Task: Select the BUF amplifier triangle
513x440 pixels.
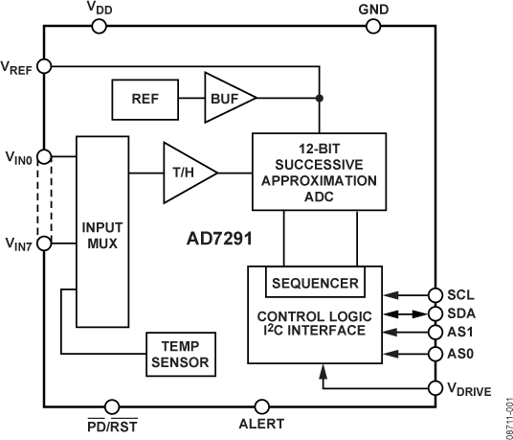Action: [226, 98]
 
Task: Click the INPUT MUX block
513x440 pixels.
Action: [101, 232]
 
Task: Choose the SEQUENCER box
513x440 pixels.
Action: [314, 283]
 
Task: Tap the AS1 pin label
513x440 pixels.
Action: [460, 333]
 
